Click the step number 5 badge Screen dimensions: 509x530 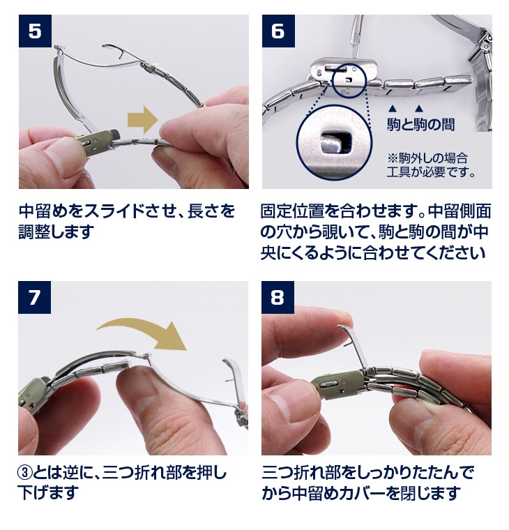pyautogui.click(x=35, y=31)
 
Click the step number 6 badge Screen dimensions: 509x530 pyautogui.click(x=278, y=31)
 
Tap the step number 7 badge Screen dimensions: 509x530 pyautogui.click(x=34, y=297)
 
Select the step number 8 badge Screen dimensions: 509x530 pyautogui.click(x=278, y=297)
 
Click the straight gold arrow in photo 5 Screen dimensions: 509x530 pyautogui.click(x=143, y=120)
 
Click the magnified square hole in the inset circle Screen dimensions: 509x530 pyautogui.click(x=336, y=142)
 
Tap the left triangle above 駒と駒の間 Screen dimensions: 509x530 pyautogui.click(x=392, y=109)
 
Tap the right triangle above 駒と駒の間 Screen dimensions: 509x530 pyautogui.click(x=419, y=109)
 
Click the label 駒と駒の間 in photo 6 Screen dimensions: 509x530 pyautogui.click(x=420, y=124)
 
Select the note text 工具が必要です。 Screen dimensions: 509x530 pyautogui.click(x=431, y=172)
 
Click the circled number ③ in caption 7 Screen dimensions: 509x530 pyautogui.click(x=25, y=473)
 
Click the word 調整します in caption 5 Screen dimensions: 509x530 pyautogui.click(x=56, y=232)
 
